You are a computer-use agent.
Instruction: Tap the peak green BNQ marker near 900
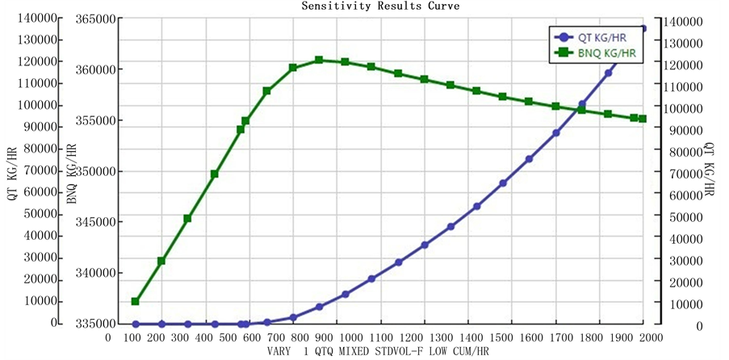tap(319, 60)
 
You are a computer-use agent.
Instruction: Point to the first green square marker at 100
tap(136, 302)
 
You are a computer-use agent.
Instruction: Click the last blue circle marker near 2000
tap(643, 28)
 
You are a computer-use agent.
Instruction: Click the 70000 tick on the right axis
tap(687, 174)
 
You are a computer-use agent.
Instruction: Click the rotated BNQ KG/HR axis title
tap(72, 173)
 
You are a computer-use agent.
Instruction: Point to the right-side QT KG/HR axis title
tap(710, 170)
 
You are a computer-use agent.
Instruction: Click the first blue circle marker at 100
tap(136, 324)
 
